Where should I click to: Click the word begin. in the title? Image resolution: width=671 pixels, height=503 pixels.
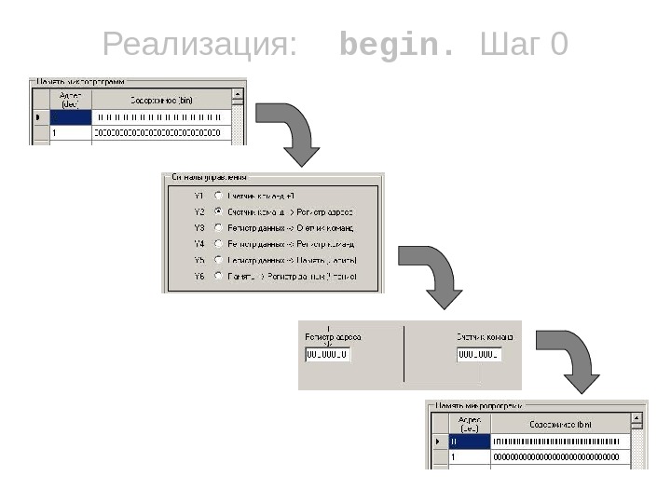[398, 44]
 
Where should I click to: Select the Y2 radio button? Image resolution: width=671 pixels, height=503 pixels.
[218, 211]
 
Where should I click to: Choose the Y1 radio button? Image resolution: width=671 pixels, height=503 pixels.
[218, 196]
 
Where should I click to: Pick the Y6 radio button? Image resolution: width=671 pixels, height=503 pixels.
[218, 276]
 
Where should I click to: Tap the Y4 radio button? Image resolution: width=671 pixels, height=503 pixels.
[218, 243]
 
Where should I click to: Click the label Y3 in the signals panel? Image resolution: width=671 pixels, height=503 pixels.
[199, 227]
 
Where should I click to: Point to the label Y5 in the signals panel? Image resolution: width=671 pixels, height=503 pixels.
[199, 260]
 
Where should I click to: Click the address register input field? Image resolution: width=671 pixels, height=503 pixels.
[328, 355]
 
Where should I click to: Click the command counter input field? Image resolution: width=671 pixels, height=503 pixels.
[479, 355]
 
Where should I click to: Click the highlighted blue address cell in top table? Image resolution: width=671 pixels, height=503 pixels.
[71, 117]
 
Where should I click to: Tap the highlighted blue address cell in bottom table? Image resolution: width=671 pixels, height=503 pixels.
[469, 442]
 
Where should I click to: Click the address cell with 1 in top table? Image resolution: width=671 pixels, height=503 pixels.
[71, 133]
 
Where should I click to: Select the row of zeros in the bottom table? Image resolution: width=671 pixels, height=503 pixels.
[555, 457]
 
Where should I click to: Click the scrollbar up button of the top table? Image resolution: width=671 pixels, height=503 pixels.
[238, 94]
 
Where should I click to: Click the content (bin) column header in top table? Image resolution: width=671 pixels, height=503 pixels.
[160, 99]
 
